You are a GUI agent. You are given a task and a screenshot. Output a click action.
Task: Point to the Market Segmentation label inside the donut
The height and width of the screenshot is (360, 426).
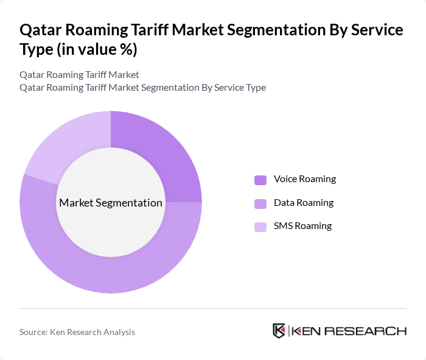click(x=110, y=203)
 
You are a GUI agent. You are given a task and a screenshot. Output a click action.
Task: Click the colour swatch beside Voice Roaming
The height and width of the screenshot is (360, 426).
click(x=260, y=180)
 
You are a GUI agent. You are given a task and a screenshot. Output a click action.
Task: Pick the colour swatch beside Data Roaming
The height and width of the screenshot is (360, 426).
click(x=260, y=203)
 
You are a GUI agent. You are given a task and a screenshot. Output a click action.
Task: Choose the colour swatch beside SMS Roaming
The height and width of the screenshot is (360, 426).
click(x=260, y=227)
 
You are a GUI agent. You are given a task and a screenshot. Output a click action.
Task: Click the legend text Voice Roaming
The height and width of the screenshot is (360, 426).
click(x=304, y=179)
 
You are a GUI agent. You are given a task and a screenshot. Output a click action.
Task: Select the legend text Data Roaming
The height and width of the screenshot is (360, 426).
click(x=304, y=202)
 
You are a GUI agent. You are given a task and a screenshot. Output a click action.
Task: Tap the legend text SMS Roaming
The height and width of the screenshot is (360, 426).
click(x=302, y=226)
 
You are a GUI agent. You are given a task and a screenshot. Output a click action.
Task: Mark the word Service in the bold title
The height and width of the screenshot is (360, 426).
click(x=377, y=30)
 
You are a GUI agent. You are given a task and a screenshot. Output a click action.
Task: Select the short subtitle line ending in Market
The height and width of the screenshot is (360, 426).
click(x=80, y=75)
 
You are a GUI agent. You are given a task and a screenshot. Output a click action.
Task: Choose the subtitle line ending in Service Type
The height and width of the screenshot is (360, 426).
click(x=142, y=88)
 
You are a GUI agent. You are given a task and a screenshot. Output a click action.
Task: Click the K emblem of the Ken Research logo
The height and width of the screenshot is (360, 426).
click(x=279, y=331)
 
